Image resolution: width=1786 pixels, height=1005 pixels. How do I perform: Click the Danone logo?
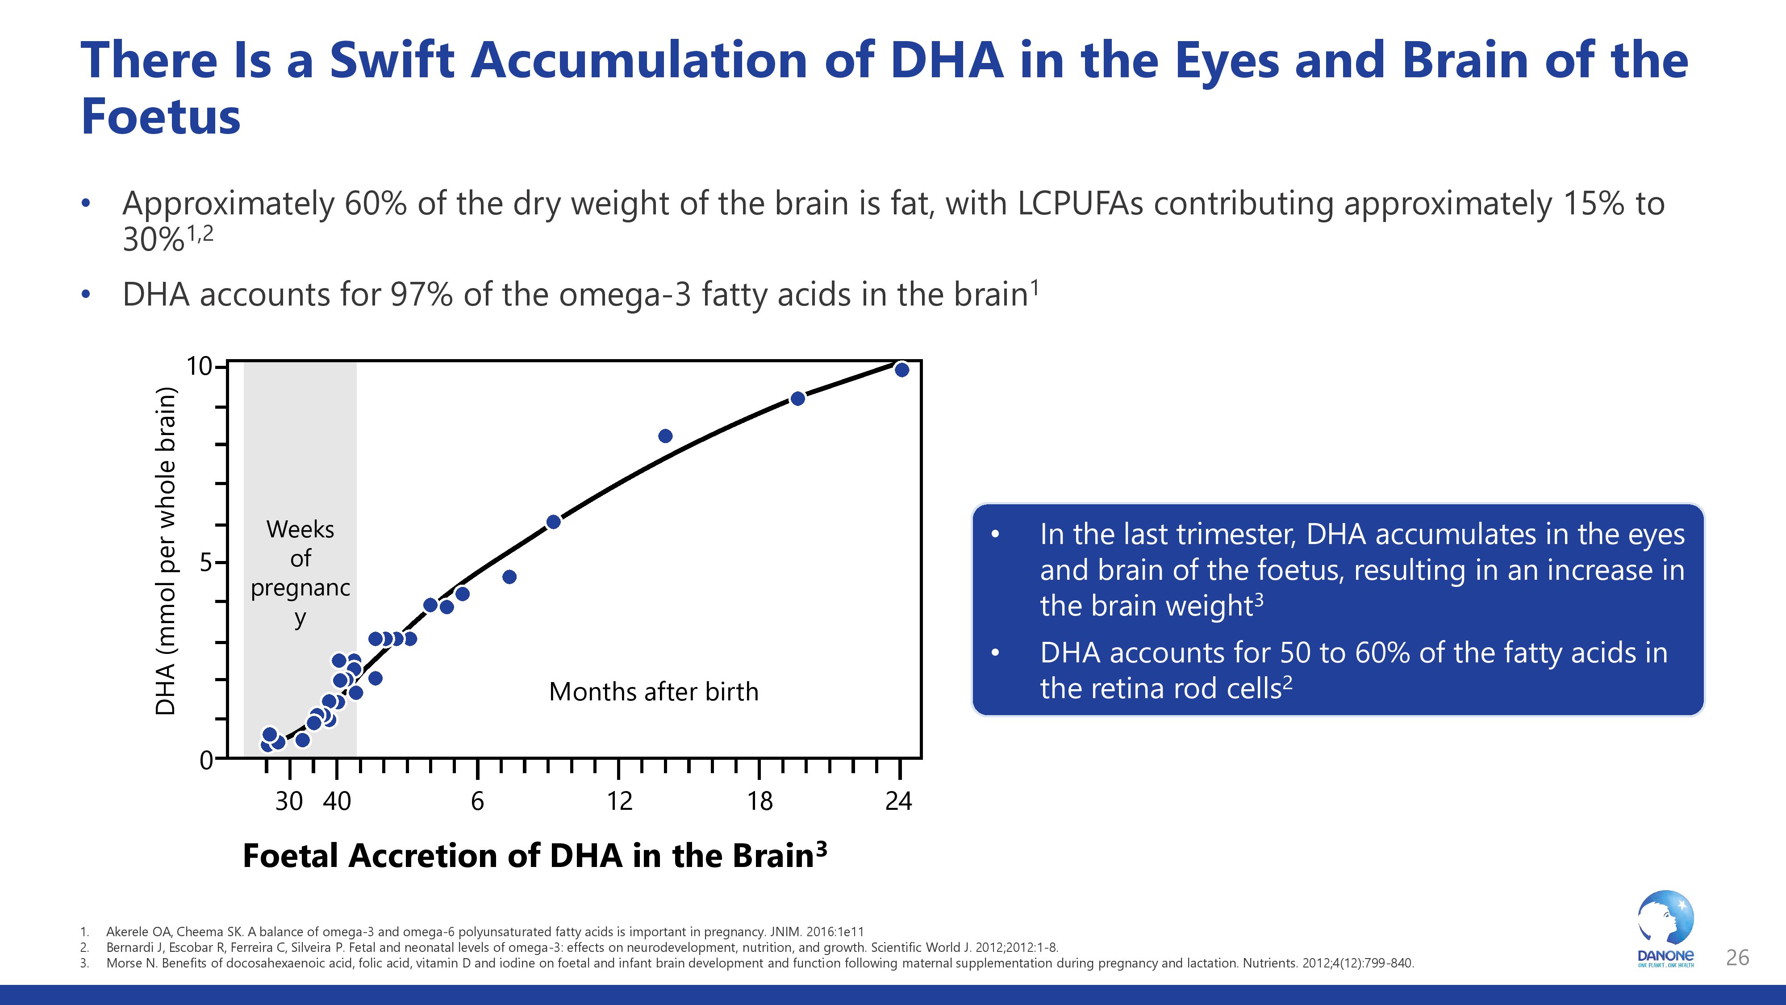coord(1665,930)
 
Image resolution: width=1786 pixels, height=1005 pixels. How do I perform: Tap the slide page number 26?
coord(1737,958)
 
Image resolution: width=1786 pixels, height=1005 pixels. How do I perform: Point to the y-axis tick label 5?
coord(206,562)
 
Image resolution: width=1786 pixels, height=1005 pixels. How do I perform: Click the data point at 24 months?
coord(901,370)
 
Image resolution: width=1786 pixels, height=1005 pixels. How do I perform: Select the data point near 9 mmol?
coord(797,398)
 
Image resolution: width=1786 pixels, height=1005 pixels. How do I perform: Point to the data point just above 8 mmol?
coord(665,435)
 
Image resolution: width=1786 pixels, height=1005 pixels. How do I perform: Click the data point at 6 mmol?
coord(553,522)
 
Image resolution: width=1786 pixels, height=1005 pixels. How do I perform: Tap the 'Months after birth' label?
coord(653,691)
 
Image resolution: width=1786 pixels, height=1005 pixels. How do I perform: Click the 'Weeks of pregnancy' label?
coord(300,572)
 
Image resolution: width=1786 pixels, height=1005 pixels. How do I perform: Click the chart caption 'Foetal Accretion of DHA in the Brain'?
coord(534,855)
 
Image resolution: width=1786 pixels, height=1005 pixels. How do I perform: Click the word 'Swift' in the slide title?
coord(392,60)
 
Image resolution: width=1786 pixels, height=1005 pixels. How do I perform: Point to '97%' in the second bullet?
coord(421,295)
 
